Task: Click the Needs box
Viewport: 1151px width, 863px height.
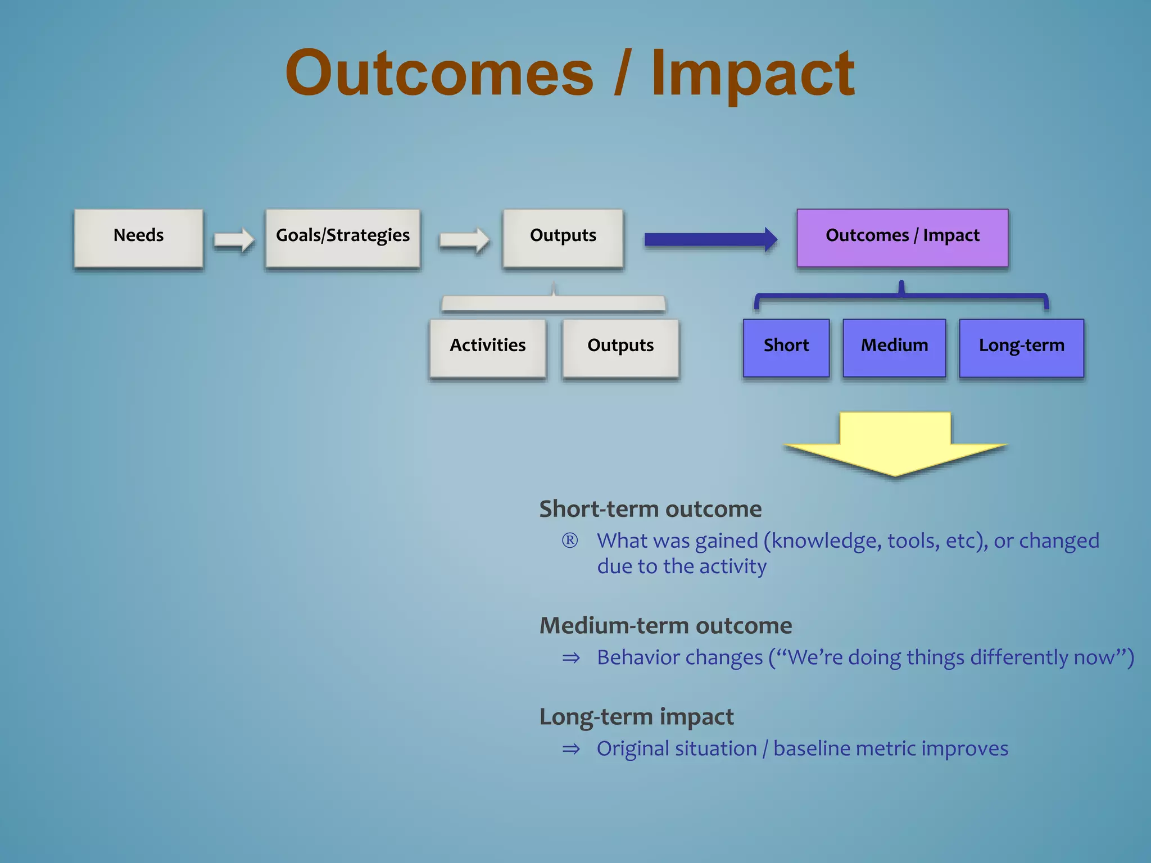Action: (x=138, y=238)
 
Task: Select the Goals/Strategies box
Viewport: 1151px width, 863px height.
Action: (x=343, y=238)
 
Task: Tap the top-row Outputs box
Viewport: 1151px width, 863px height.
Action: (x=563, y=238)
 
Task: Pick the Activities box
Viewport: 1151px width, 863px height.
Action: (x=488, y=348)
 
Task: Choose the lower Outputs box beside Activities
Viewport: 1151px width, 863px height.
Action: (x=620, y=348)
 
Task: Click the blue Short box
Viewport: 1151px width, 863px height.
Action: (x=786, y=348)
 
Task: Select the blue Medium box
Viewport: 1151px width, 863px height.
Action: (x=894, y=348)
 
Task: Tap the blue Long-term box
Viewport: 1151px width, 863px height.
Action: (x=1021, y=348)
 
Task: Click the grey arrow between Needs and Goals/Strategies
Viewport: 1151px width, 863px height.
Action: (x=234, y=240)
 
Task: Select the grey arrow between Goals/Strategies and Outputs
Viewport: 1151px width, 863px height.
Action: (x=464, y=240)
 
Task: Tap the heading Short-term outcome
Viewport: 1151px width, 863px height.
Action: (x=650, y=509)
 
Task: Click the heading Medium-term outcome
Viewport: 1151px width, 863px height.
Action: (x=665, y=625)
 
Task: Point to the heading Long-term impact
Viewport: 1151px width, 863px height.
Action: (x=636, y=717)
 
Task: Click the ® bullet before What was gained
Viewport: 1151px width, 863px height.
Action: (x=570, y=540)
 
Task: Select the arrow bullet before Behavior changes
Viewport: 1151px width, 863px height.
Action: (x=571, y=658)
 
